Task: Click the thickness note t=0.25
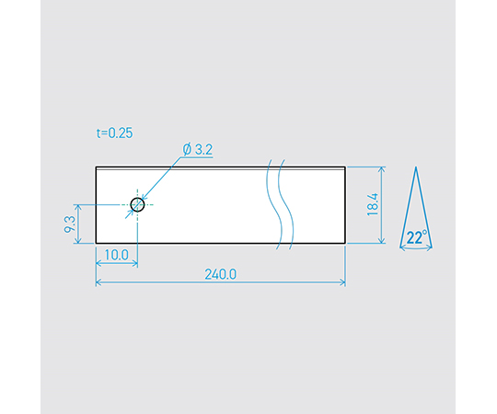114,133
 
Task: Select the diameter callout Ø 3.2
198,149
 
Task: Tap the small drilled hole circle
137,204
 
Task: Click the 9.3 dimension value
70,224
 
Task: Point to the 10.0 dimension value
116,255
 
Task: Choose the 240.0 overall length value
221,274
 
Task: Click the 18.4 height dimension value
373,204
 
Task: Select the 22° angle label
417,237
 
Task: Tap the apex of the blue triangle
416,167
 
